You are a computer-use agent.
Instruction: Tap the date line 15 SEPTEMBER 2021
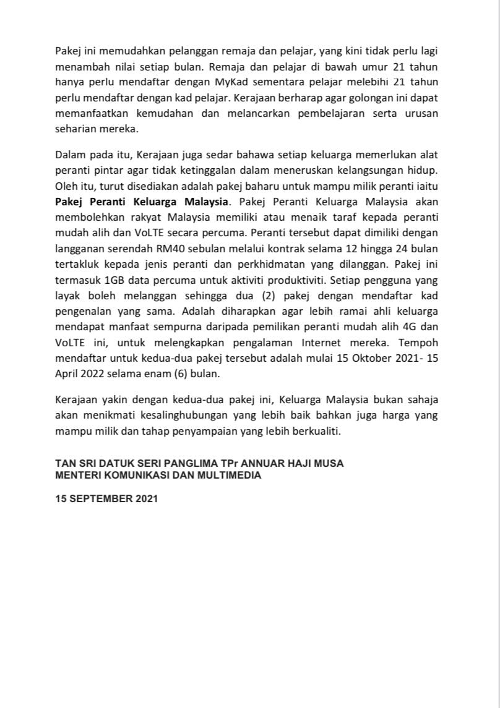coord(106,498)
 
